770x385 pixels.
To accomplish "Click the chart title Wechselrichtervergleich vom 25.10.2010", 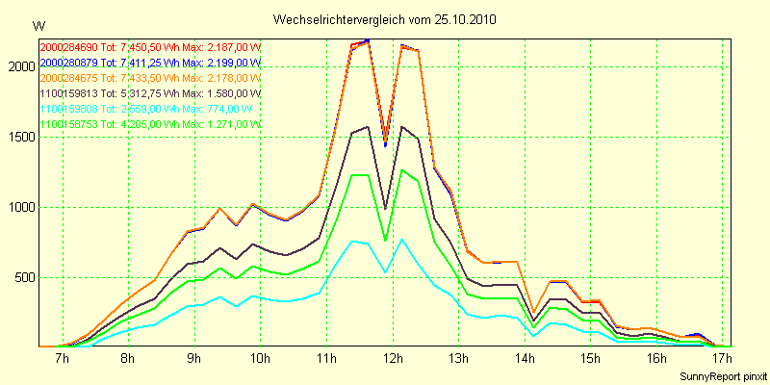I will point(385,19).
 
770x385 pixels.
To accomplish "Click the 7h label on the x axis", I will point(63,359).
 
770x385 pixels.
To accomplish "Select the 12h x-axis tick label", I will point(393,359).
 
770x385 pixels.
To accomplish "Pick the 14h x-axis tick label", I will point(525,359).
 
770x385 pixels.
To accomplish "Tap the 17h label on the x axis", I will point(723,359).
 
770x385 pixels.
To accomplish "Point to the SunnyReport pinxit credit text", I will point(721,375).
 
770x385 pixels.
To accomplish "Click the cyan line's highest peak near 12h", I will point(401,239).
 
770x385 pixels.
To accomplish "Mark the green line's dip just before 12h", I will point(385,241).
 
